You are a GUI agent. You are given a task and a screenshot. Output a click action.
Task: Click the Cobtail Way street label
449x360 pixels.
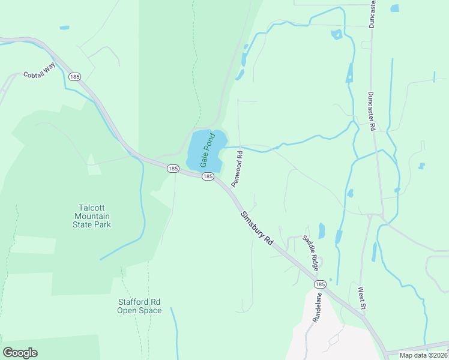point(38,74)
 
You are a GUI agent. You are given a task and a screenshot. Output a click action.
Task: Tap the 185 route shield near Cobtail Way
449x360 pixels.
point(75,77)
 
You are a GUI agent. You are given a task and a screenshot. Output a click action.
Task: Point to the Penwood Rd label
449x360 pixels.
point(237,168)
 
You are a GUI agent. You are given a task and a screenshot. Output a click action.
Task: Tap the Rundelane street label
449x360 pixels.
point(316,308)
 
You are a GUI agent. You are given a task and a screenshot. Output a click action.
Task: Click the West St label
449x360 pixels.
point(361,298)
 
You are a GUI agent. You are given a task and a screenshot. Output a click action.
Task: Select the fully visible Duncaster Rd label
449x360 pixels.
point(371,112)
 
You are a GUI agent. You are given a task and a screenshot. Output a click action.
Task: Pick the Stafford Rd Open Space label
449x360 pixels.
point(139,306)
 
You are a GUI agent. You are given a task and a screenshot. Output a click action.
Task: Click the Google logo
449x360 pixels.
point(20,353)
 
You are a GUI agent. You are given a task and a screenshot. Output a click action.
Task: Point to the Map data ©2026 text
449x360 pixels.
point(423,355)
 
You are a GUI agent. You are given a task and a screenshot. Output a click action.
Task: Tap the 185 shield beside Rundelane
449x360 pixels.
point(320,284)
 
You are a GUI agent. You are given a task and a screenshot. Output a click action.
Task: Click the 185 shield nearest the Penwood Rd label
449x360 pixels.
point(207,176)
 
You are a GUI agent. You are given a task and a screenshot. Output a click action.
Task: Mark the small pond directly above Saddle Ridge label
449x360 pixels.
point(321,230)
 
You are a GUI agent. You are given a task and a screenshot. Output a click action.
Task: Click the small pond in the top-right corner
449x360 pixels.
point(394,8)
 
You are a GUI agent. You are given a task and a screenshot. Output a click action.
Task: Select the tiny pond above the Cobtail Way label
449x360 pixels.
point(64,28)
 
